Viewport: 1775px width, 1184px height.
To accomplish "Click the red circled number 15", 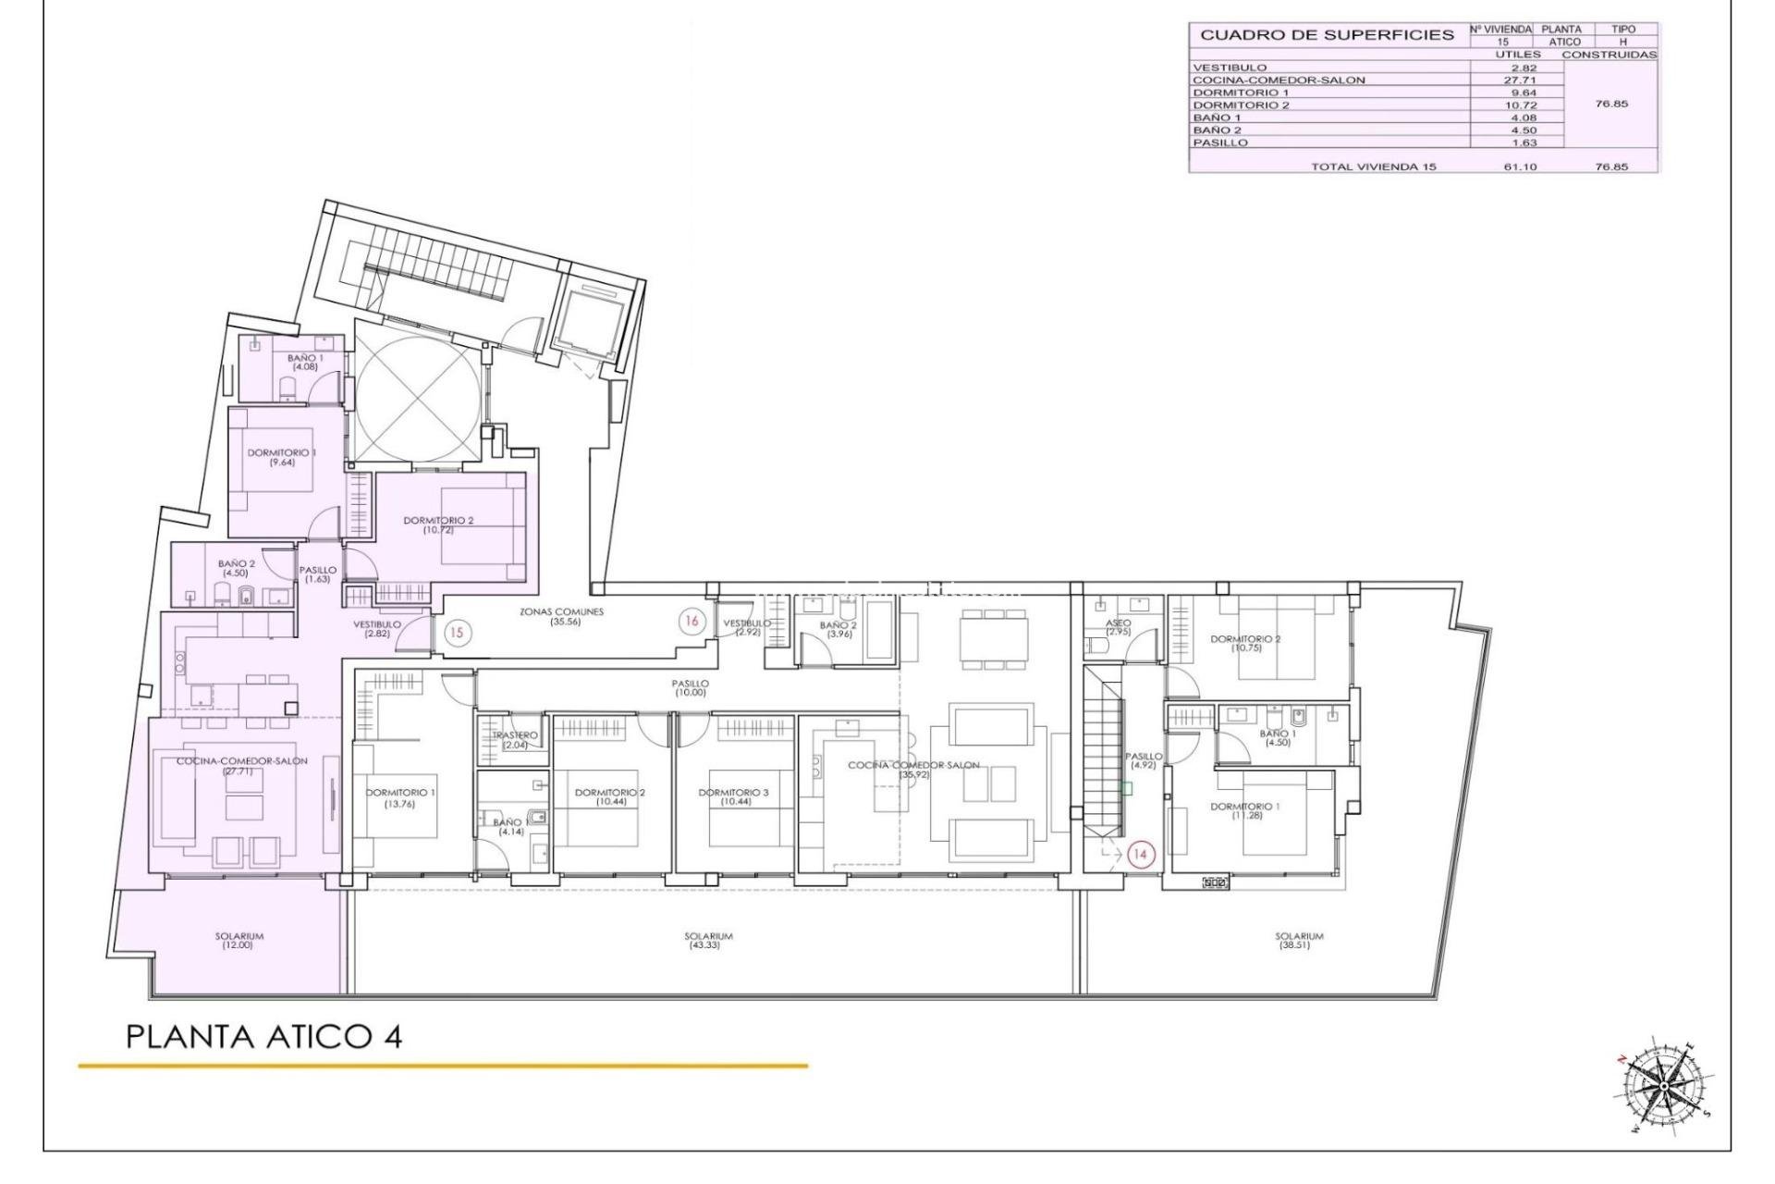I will coord(457,634).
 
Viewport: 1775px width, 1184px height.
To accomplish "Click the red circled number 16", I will coord(691,622).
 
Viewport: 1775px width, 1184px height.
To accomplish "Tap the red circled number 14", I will coord(1140,855).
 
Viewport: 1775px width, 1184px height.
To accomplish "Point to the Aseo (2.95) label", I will coord(1119,627).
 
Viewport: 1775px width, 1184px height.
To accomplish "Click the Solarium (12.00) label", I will coord(239,941).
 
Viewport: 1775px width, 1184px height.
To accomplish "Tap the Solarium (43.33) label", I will coord(709,941).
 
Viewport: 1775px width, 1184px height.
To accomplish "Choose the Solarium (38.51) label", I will coord(1299,941).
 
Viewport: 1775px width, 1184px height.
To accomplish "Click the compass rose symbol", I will coord(1662,1084).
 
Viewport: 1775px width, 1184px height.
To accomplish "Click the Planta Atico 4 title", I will coord(263,1037).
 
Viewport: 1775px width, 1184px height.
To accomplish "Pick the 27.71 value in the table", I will coord(1517,80).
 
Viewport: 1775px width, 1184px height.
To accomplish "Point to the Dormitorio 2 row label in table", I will coord(1241,105).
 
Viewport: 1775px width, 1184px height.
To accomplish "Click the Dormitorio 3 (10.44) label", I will coord(733,797).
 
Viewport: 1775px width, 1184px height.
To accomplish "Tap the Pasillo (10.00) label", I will coord(691,687).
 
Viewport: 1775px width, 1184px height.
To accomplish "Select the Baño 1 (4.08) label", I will coord(305,362).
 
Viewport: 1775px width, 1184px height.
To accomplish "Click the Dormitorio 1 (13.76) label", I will coord(400,798).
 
